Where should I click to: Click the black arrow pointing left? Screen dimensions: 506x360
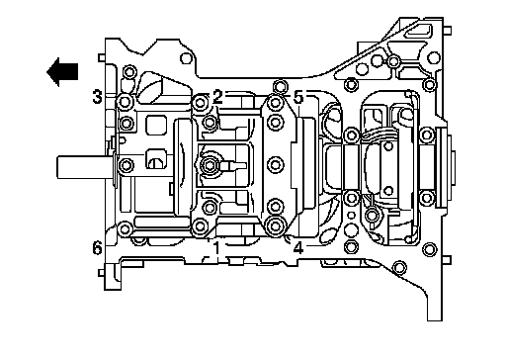62,72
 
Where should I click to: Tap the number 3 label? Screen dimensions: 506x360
97,97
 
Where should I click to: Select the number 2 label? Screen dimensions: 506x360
217,97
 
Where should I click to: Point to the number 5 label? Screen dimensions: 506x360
298,97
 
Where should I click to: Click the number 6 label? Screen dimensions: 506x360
97,247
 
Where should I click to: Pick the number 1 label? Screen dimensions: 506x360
216,248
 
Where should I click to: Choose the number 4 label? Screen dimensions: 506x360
298,248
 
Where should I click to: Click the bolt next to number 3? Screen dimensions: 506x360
125,102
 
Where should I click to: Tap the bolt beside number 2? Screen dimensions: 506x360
200,103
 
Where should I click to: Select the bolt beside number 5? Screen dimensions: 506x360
275,102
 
